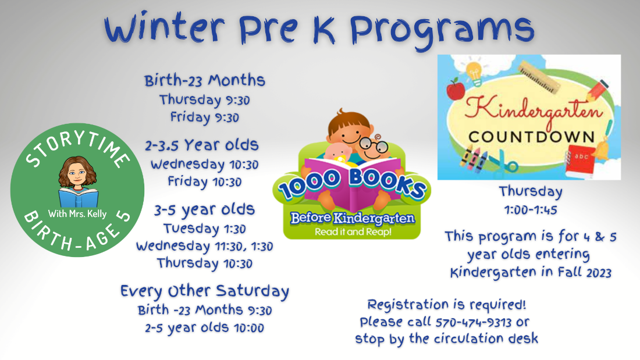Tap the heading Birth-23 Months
[x=204, y=80]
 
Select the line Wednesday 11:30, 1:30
[x=204, y=246]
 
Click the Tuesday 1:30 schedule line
[x=204, y=229]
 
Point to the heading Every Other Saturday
[x=204, y=291]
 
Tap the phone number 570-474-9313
[x=474, y=322]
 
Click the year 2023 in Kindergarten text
[x=599, y=273]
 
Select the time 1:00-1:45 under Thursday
[x=531, y=210]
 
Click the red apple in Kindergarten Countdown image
[x=456, y=90]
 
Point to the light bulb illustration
[x=474, y=73]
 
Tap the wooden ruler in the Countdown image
[x=539, y=76]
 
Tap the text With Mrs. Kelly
[x=77, y=213]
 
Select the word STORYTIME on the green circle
[x=77, y=146]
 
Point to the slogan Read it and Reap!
[x=353, y=232]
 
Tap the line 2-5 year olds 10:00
[x=204, y=328]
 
